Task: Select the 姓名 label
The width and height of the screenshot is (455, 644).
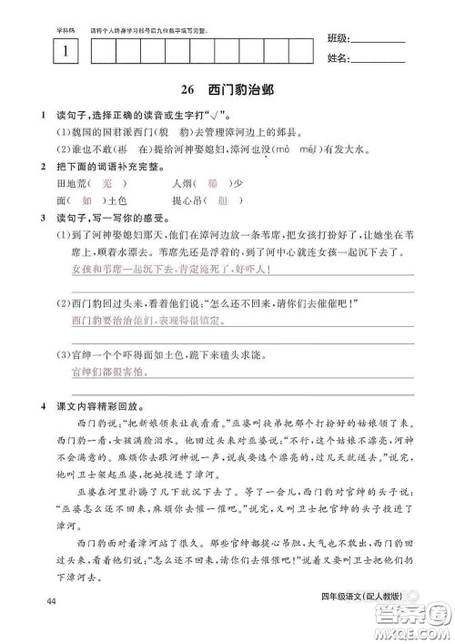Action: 337,60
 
